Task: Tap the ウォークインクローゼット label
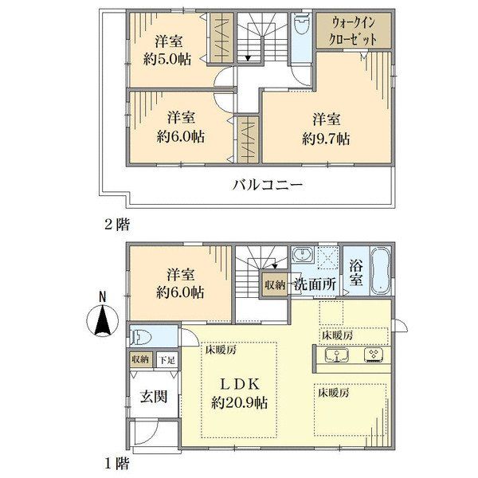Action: (354, 31)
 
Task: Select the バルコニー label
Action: (268, 185)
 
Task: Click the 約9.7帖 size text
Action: (326, 139)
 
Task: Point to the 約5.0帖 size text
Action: (167, 59)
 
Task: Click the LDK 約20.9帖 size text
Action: (240, 403)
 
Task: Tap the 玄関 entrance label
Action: (154, 397)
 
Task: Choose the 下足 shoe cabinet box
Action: (167, 360)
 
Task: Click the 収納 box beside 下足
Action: (141, 360)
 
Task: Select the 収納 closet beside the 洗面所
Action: (274, 285)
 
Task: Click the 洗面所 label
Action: (315, 284)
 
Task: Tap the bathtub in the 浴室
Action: (380, 272)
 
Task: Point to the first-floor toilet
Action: (139, 336)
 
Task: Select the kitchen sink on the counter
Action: (337, 355)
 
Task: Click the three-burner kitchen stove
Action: (374, 355)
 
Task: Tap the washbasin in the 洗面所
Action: (303, 254)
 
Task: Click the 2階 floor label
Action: (117, 225)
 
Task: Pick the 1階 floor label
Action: (117, 464)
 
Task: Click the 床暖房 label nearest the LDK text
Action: (221, 351)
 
